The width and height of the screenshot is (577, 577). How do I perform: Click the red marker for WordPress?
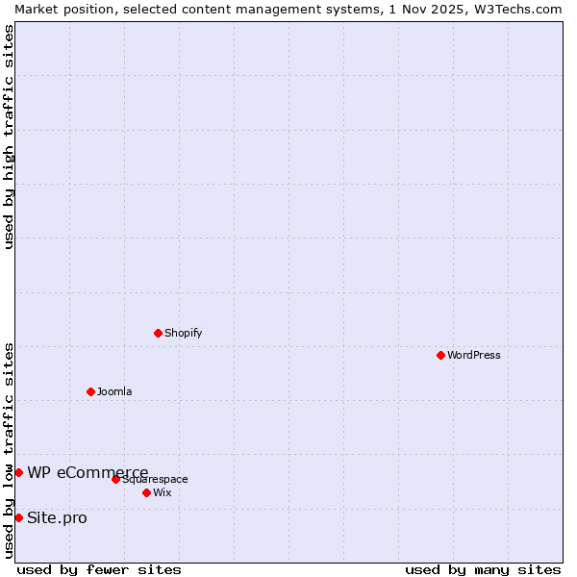440,355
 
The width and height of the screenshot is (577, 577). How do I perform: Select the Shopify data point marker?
158,333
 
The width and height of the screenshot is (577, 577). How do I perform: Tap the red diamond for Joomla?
90,391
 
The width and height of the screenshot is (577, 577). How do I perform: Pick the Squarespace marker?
115,479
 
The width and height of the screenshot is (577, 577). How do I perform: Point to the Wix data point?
146,492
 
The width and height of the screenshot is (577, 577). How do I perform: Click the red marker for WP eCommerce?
18,472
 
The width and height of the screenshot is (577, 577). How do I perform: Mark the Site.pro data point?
18,517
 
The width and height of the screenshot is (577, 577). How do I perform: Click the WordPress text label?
474,355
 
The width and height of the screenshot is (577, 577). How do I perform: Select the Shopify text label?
184,333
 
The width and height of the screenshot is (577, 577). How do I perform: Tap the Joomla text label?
114,391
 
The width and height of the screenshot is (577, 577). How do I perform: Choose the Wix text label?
163,492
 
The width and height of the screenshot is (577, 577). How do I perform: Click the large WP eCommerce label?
88,472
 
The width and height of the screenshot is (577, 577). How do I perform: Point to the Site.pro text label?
57,517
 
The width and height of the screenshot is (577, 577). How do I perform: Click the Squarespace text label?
156,479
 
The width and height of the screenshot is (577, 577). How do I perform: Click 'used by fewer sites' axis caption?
99,569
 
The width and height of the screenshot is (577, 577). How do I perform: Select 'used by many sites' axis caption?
483,569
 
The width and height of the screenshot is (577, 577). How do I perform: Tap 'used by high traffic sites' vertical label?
9,137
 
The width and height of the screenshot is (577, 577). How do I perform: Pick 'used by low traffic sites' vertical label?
9,450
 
